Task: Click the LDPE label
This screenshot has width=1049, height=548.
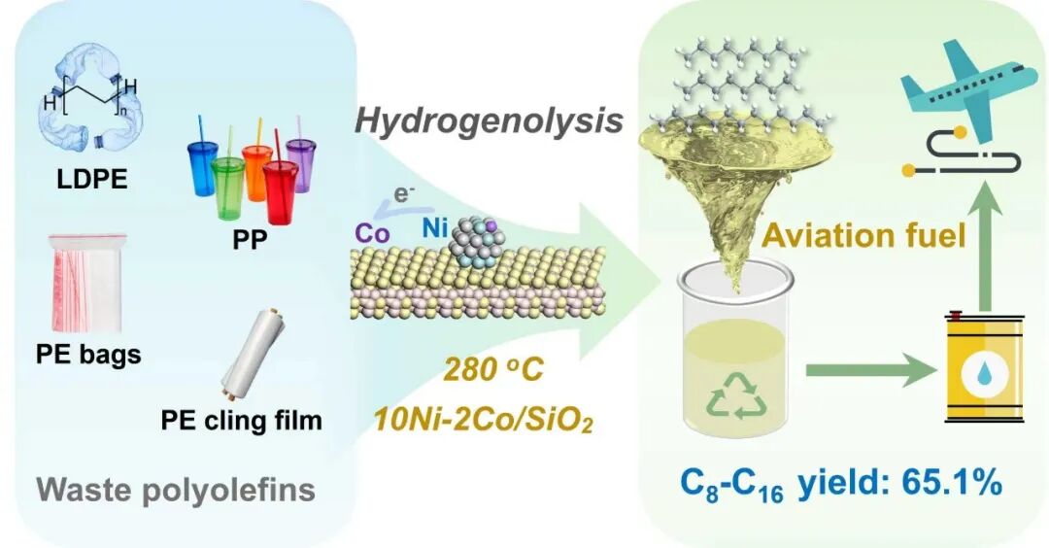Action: click(x=92, y=180)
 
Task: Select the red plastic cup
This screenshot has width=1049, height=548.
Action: click(x=281, y=191)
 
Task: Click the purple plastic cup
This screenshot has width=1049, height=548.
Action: click(x=301, y=164)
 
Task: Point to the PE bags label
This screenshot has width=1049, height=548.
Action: click(x=88, y=354)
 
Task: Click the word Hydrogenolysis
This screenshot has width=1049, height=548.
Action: click(x=489, y=121)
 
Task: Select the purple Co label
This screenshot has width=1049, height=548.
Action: click(x=372, y=233)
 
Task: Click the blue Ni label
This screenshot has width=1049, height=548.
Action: click(x=435, y=228)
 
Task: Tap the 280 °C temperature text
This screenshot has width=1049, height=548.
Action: click(x=493, y=370)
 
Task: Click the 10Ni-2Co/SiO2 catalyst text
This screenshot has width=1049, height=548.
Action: click(x=483, y=421)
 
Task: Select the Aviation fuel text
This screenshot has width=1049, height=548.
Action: click(x=864, y=235)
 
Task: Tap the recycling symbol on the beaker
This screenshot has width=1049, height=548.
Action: click(x=737, y=395)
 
